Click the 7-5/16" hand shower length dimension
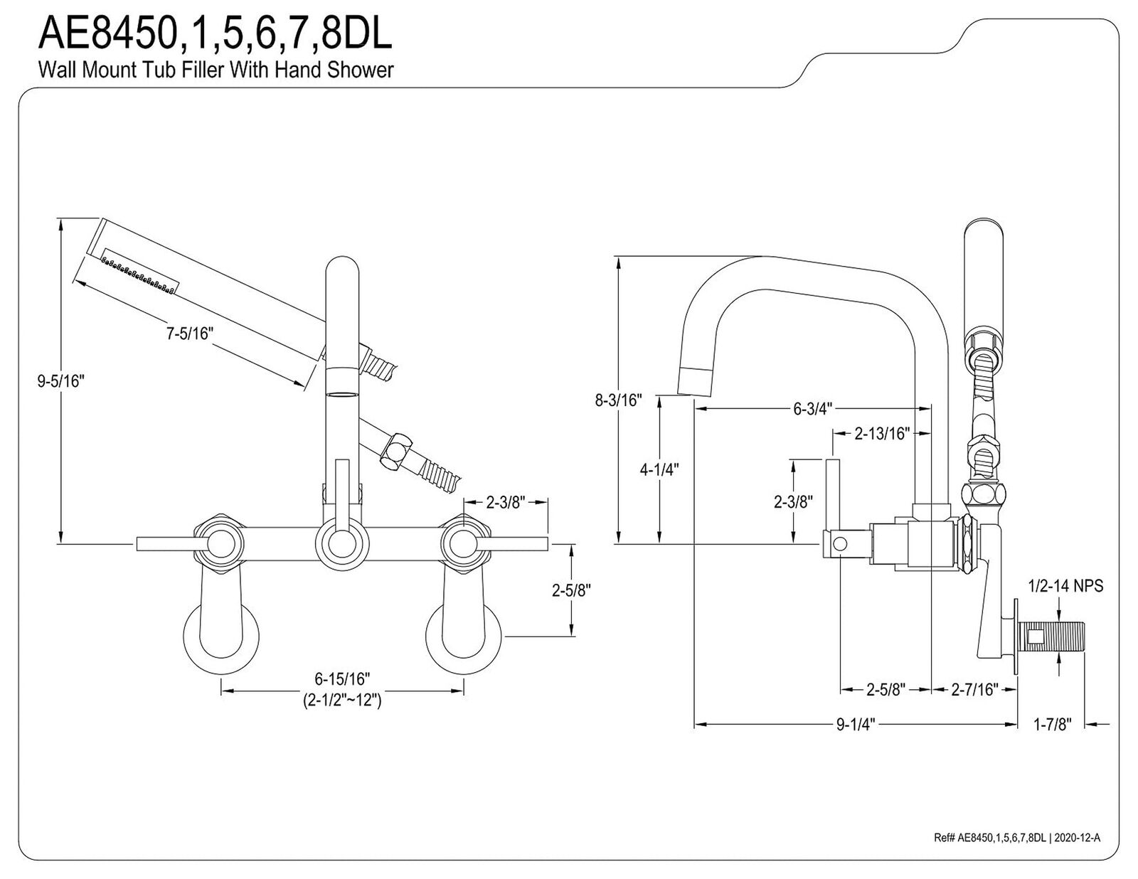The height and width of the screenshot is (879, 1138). pos(190,334)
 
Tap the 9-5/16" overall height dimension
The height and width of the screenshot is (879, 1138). pos(60,381)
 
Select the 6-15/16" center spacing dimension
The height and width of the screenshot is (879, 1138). pos(342,679)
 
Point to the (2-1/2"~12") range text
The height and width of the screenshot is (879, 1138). pos(342,700)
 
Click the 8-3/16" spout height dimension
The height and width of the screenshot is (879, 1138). pos(619,400)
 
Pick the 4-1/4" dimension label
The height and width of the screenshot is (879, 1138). pos(659,469)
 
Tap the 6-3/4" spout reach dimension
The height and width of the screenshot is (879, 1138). pos(813,409)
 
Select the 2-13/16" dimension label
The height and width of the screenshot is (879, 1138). pos(883,434)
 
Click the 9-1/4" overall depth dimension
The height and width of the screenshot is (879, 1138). pos(856,725)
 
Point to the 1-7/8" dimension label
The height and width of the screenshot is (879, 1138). pos(1052,725)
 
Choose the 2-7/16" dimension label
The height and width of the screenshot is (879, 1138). pos(974,690)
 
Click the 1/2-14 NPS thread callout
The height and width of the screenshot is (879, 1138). pos(1065,586)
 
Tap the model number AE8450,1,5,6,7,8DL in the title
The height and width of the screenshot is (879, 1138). pos(216,33)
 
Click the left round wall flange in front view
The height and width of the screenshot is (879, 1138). pos(221,639)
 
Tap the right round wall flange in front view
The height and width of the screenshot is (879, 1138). pos(464,639)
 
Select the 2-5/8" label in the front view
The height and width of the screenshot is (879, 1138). pos(571,590)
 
